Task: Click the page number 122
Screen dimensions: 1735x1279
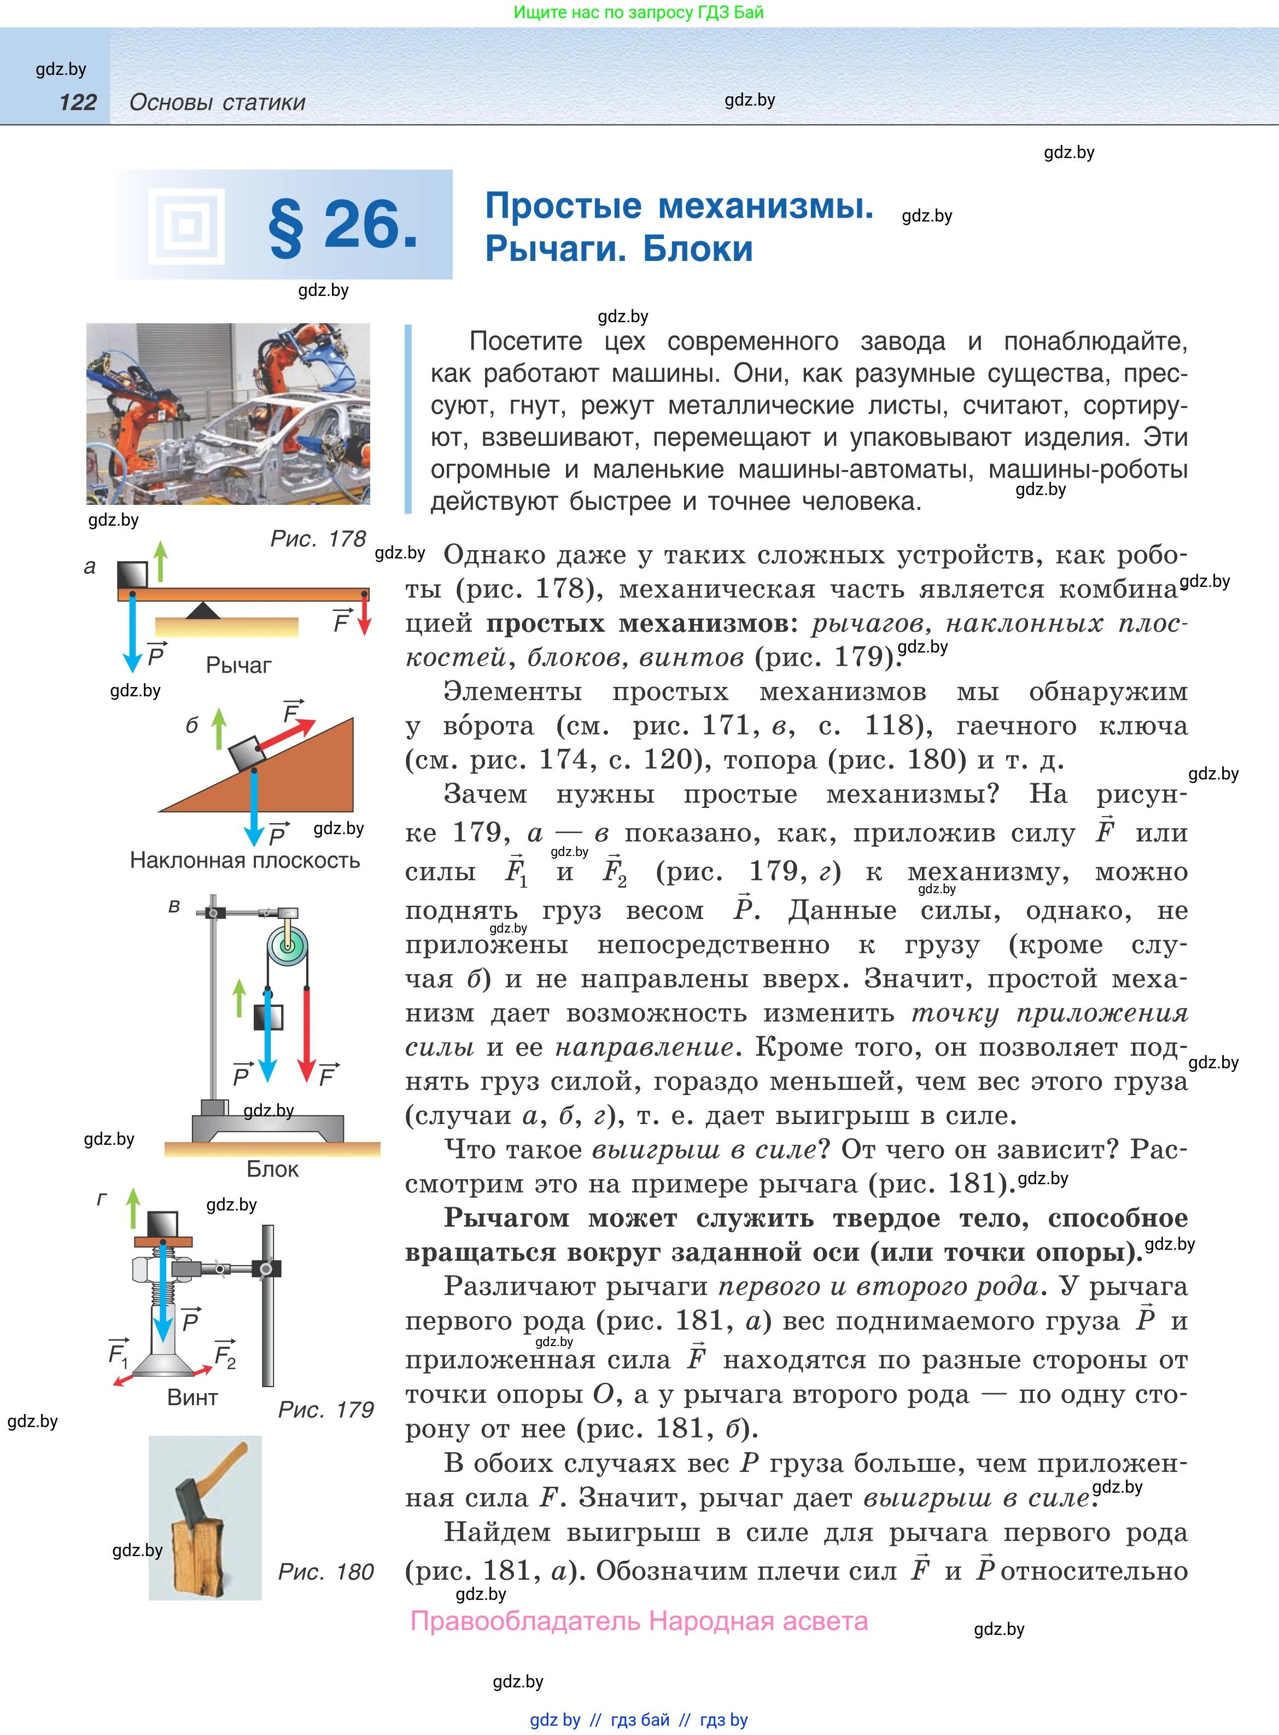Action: point(78,102)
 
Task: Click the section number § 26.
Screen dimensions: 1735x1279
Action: point(343,225)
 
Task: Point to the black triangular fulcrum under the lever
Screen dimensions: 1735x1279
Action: point(203,611)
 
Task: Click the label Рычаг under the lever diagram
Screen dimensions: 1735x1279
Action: point(238,665)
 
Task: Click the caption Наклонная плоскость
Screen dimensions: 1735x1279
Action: point(244,860)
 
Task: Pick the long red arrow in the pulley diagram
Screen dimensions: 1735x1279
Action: point(307,1030)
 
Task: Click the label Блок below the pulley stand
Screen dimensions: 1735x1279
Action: point(272,1168)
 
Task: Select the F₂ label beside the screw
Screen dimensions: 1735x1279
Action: point(225,1354)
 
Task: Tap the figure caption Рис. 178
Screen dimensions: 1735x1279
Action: point(318,539)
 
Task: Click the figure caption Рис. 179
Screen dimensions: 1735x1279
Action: point(326,1409)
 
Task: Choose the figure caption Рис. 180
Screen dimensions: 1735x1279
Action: point(326,1571)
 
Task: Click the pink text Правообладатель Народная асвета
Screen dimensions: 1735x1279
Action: point(639,1621)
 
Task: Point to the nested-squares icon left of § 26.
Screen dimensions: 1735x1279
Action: point(186,226)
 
